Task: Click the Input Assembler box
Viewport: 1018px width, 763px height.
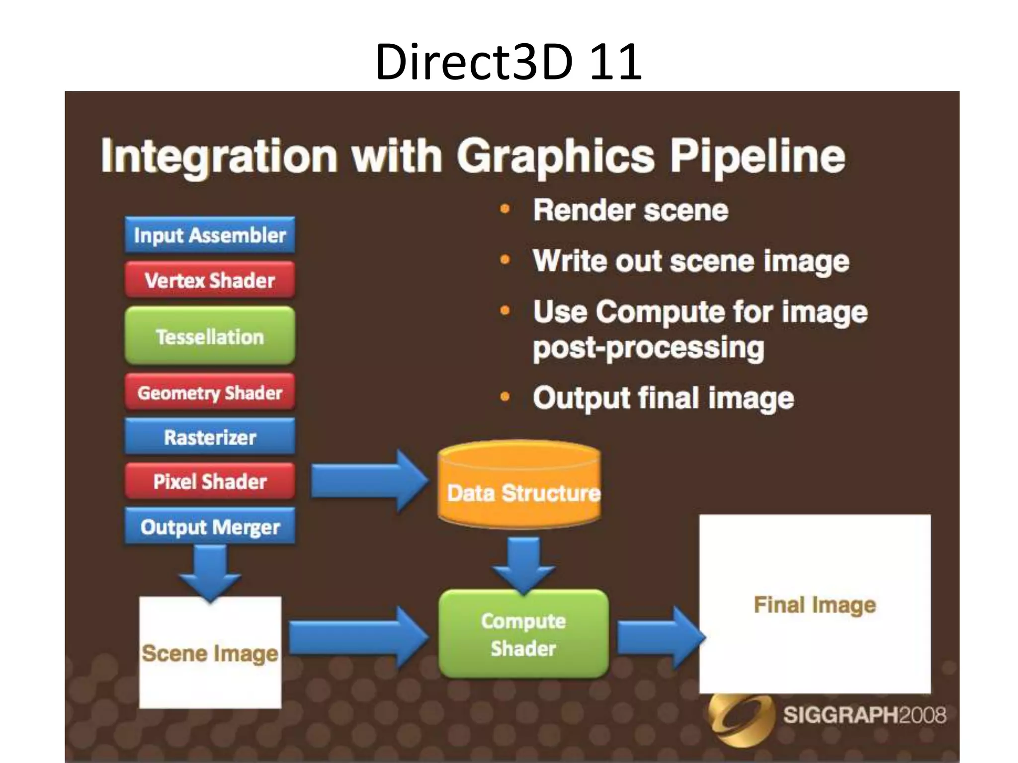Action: coord(210,235)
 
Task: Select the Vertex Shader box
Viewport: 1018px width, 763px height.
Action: coord(210,280)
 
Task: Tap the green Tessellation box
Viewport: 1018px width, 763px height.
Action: coord(210,336)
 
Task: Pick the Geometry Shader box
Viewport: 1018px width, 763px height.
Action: coord(210,392)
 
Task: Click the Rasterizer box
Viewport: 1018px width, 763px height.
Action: coord(210,437)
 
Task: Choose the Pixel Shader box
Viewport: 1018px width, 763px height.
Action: coord(210,481)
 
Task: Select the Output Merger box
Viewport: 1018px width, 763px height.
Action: coord(210,527)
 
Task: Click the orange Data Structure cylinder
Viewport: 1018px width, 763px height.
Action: coord(520,484)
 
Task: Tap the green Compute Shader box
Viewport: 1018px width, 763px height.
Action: coord(523,634)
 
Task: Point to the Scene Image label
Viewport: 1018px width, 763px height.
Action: coord(210,653)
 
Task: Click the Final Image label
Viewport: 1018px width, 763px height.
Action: coord(815,605)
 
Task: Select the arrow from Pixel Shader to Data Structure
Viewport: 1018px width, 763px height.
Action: coord(368,481)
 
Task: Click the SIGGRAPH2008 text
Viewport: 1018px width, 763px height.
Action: coord(864,715)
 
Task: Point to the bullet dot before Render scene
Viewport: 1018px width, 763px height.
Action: coord(505,209)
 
